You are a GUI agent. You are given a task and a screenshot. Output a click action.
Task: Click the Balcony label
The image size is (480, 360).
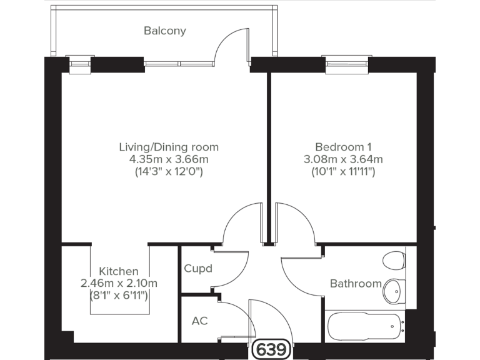(165, 31)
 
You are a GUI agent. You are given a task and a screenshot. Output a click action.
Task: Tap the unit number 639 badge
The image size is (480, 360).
(272, 349)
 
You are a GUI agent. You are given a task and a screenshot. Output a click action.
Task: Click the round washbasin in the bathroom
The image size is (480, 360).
(392, 289)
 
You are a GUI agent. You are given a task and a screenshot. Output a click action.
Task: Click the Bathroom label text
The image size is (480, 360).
(356, 284)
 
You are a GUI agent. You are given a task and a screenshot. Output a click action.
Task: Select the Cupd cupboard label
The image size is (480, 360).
(197, 269)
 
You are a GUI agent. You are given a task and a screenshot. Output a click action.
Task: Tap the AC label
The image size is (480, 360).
(199, 321)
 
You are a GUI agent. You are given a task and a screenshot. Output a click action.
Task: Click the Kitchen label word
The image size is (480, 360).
(119, 271)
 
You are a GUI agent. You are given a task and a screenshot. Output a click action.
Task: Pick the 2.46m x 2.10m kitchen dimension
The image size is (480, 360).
(119, 283)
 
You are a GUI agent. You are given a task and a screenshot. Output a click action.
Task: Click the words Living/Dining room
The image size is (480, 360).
(169, 147)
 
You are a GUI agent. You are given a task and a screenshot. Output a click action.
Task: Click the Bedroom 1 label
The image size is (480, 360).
(343, 147)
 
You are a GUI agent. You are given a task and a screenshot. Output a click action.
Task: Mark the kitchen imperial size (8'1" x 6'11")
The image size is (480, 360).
(119, 295)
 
